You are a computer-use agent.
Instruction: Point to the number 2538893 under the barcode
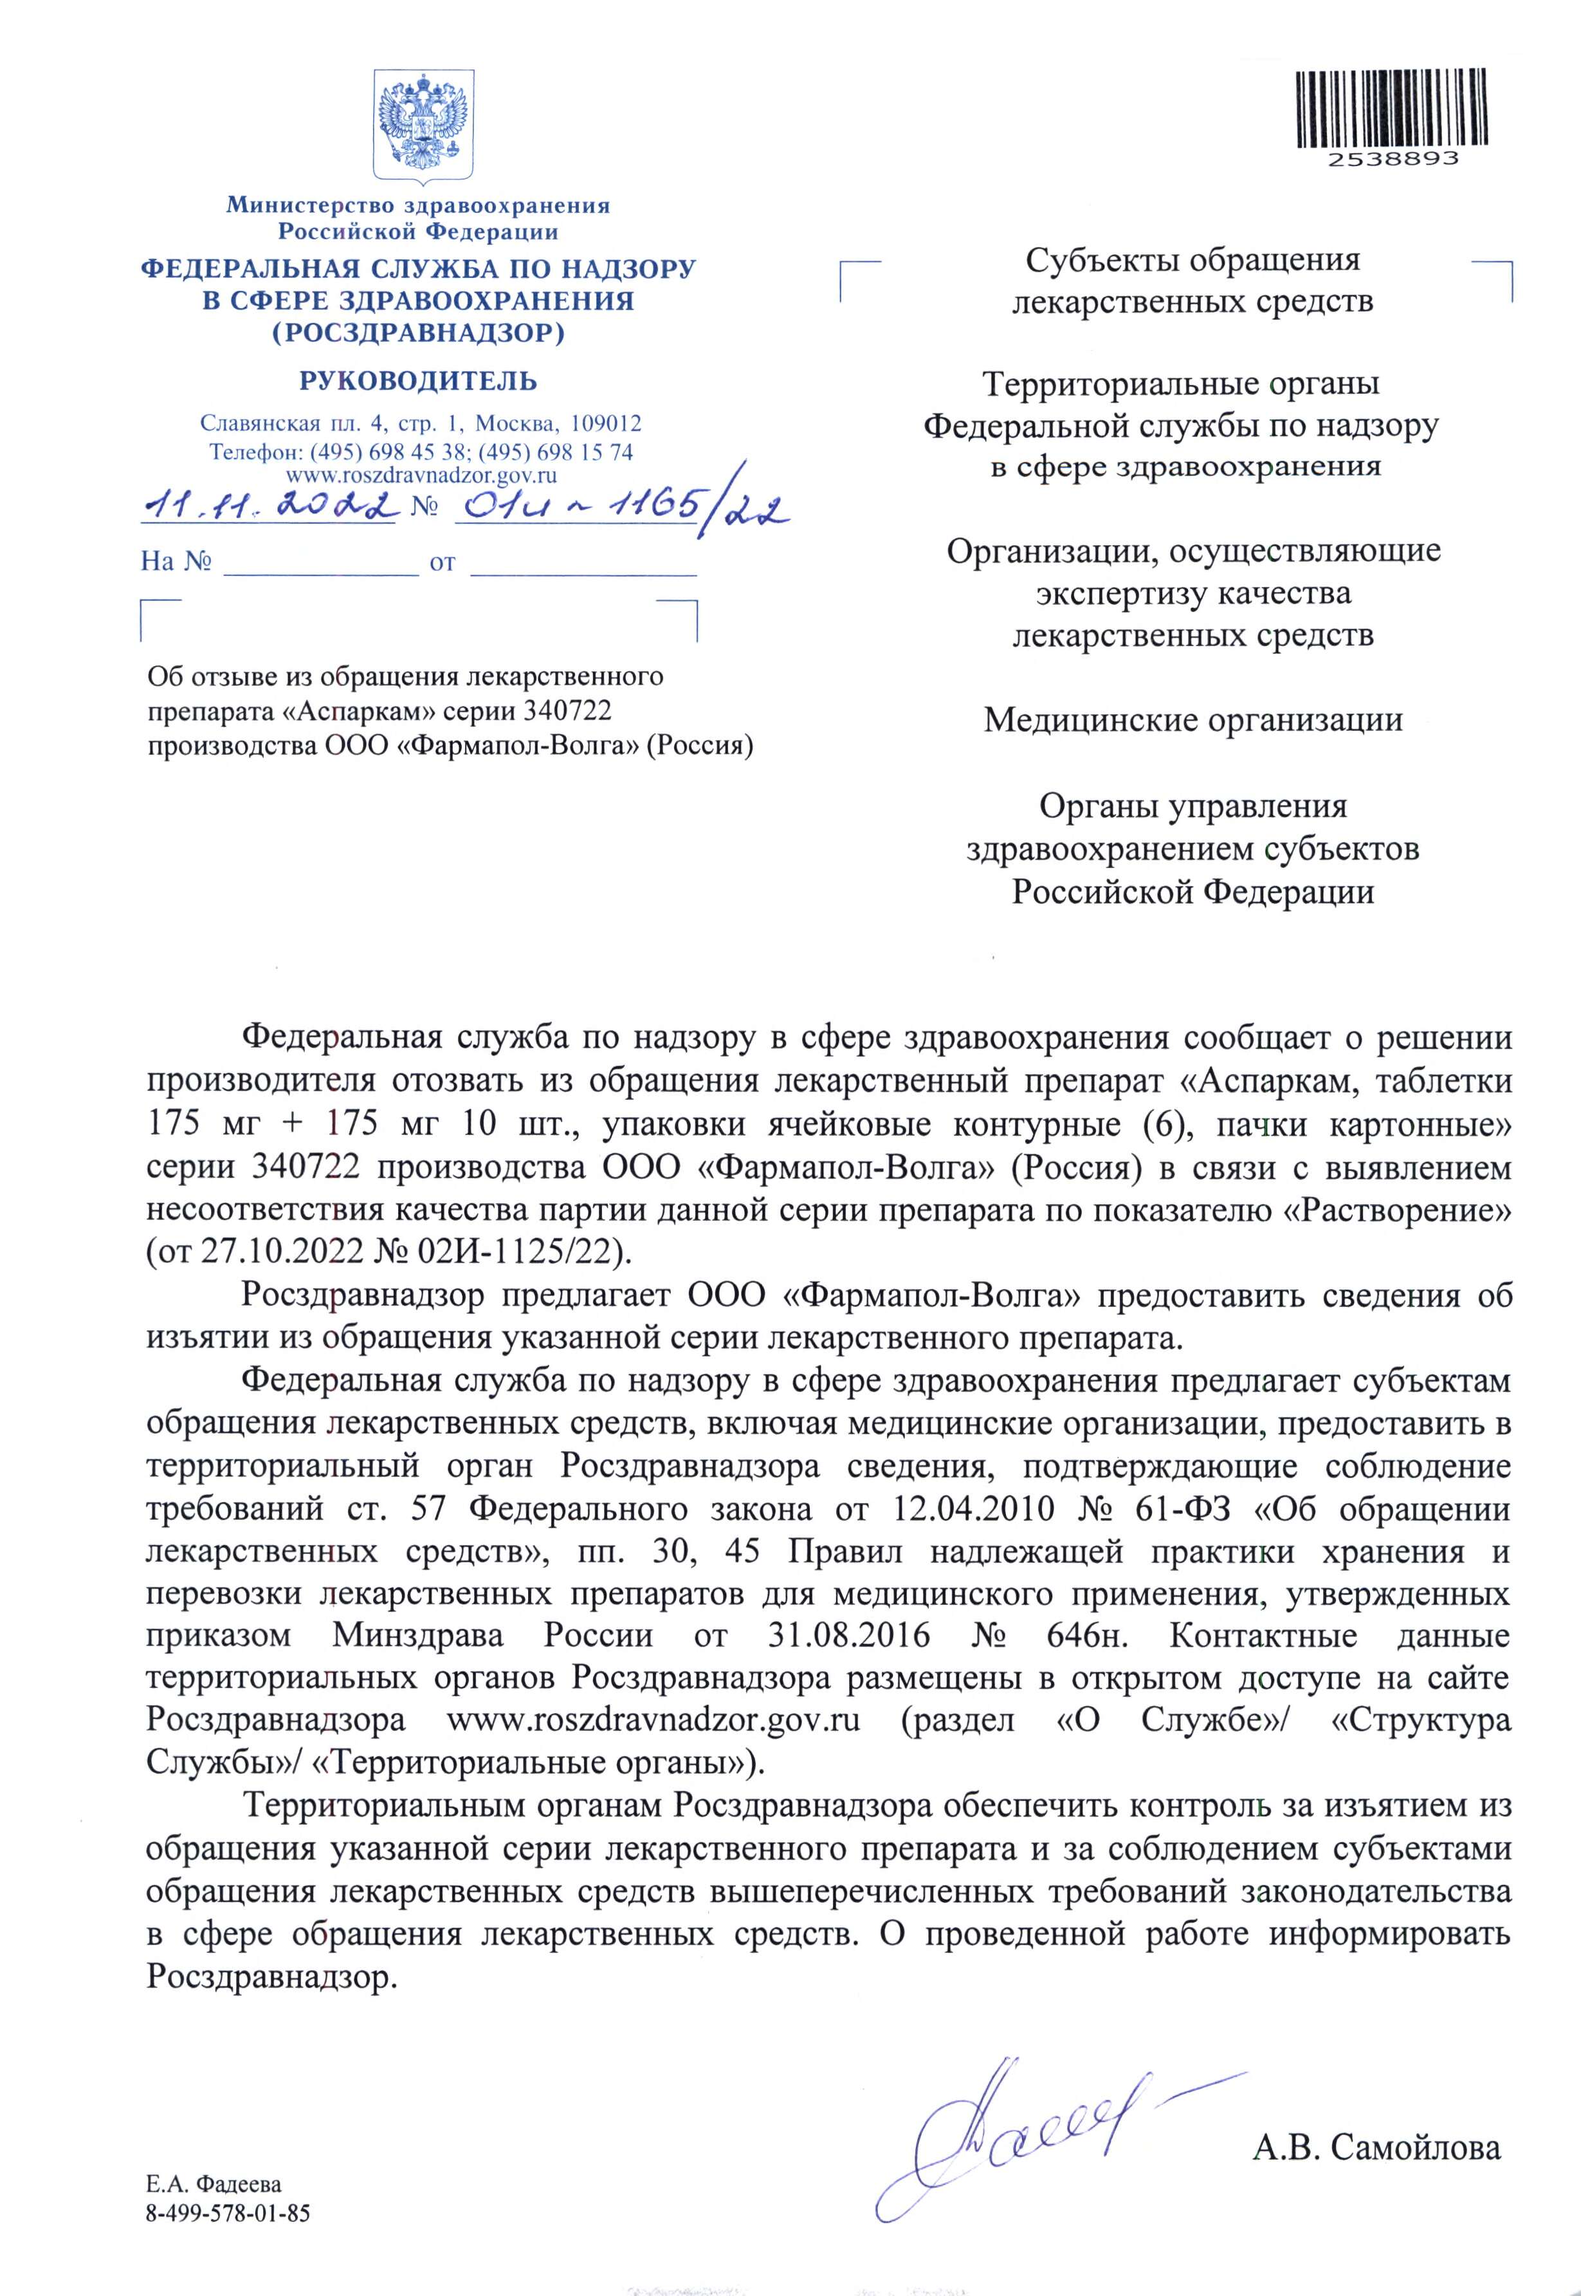point(1393,158)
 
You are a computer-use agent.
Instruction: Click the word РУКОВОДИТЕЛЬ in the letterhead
point(418,380)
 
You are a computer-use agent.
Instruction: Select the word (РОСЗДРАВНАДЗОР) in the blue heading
point(418,333)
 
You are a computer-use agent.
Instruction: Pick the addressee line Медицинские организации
point(1193,719)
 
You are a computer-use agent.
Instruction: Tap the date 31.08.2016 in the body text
point(849,1636)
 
